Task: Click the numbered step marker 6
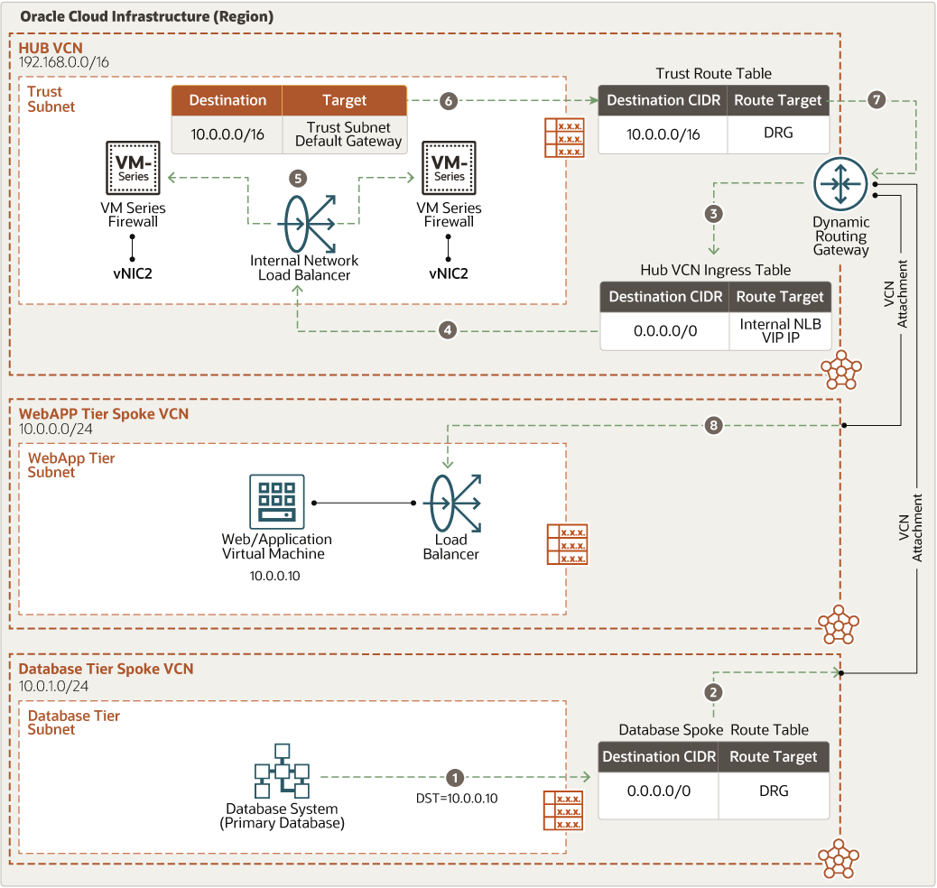[x=448, y=101]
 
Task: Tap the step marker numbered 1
[x=455, y=777]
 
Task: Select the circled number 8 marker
[x=713, y=425]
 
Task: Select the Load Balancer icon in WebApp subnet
[x=451, y=504]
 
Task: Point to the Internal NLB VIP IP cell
[x=780, y=330]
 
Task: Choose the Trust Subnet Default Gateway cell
[x=348, y=134]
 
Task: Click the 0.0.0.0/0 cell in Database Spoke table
[x=659, y=791]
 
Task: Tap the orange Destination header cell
[x=227, y=100]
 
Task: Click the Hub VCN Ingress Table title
[x=715, y=270]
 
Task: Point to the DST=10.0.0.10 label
[x=455, y=798]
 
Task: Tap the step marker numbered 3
[x=714, y=214]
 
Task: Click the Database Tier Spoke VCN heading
[x=106, y=669]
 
